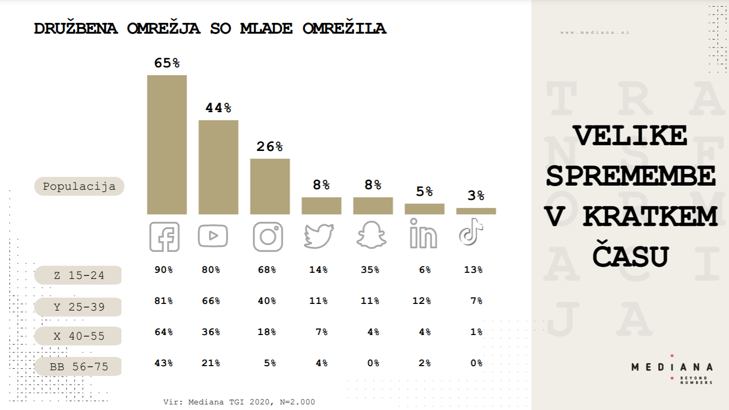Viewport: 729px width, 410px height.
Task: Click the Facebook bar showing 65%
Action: point(167,144)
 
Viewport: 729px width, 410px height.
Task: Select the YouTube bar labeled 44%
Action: point(218,167)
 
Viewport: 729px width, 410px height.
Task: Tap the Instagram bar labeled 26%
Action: point(270,186)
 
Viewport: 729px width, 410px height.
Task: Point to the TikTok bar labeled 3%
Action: point(476,211)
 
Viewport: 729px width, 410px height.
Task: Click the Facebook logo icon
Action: point(165,237)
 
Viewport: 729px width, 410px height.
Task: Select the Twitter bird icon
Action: point(319,236)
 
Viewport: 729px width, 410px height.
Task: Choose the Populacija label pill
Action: point(79,186)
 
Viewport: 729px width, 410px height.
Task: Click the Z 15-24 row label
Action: point(79,275)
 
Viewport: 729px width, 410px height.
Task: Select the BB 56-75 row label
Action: point(79,367)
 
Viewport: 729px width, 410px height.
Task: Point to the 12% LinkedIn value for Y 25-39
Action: point(422,301)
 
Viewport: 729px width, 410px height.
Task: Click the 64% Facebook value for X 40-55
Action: point(164,332)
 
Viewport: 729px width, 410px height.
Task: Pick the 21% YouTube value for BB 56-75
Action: point(211,363)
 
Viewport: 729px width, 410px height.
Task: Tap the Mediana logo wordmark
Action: point(672,367)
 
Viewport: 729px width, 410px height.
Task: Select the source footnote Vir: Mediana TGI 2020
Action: point(239,402)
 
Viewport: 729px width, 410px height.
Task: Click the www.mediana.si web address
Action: point(595,32)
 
